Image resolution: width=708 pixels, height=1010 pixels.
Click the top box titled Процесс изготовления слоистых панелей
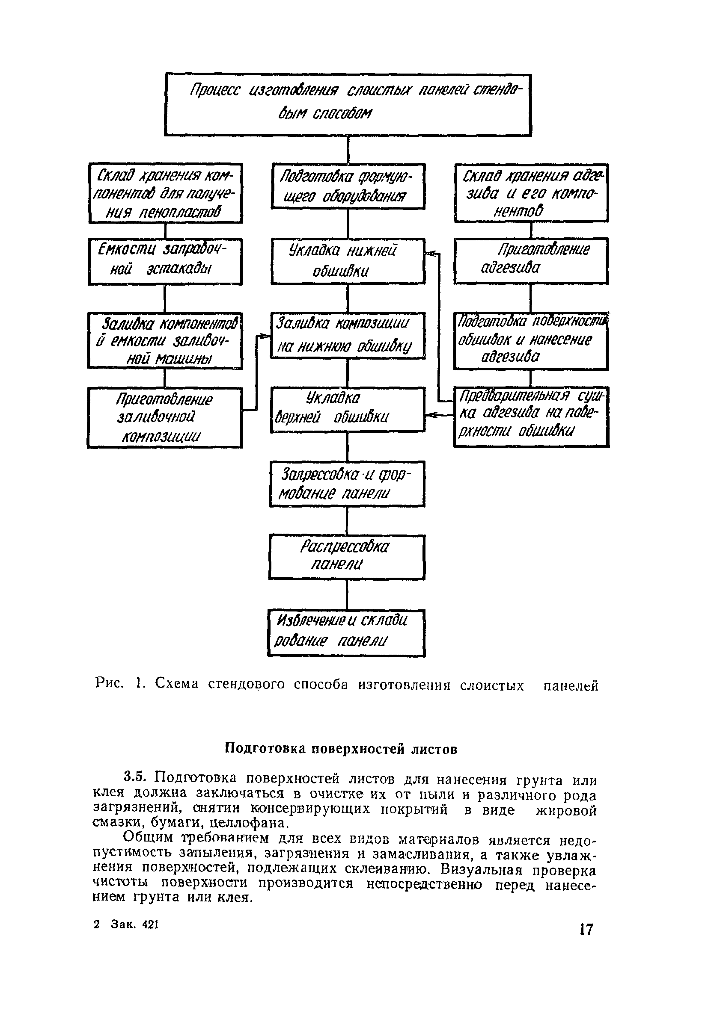coord(348,105)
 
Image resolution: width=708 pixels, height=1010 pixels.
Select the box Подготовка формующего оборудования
coord(348,186)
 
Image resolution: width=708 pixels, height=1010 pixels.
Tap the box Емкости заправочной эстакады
coord(165,261)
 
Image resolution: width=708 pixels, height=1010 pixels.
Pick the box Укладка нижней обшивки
coord(348,261)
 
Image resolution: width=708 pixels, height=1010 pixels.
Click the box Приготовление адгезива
coord(531,260)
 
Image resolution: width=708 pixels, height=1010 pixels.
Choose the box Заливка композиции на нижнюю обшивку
coord(348,335)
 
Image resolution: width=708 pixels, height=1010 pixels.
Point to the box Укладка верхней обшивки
coord(348,409)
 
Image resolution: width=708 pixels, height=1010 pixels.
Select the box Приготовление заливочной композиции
coord(165,417)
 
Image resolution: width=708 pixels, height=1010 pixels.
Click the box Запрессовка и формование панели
coord(348,484)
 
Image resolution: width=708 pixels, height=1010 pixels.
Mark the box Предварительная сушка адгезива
coord(531,416)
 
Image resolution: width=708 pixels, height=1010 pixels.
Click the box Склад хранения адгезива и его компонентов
coord(531,193)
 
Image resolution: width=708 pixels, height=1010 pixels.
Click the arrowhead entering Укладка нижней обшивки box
coord(429,253)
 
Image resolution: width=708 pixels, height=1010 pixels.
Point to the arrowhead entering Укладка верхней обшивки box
coord(429,414)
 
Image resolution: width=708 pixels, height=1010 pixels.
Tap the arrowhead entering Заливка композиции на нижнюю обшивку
coord(265,336)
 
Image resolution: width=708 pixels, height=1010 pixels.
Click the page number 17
coord(586,930)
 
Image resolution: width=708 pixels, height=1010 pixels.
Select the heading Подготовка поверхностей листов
coord(341,749)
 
